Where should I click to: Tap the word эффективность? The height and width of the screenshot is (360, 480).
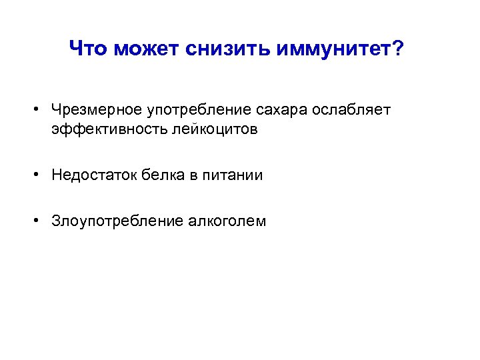[x=101, y=129]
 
